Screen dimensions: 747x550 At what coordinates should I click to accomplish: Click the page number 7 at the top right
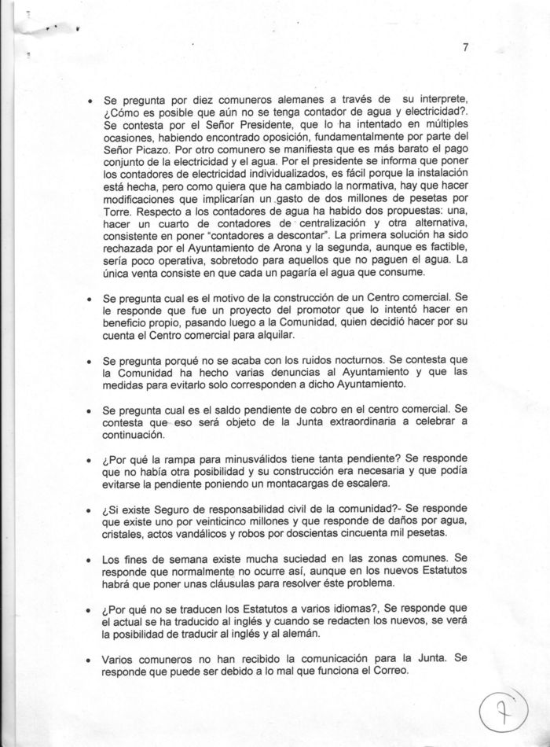tap(465, 48)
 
